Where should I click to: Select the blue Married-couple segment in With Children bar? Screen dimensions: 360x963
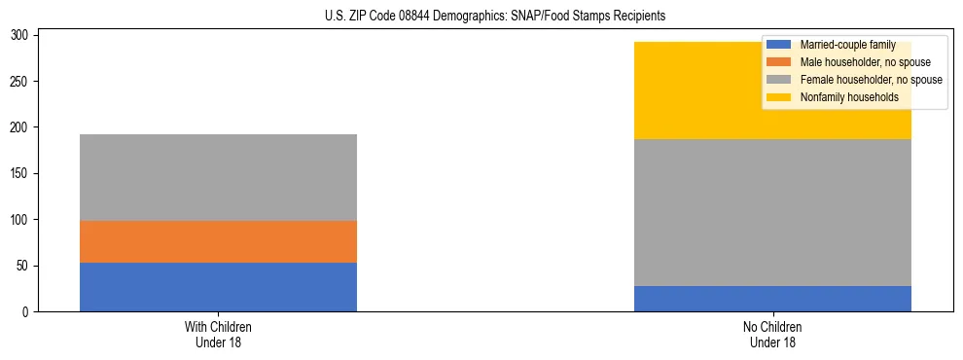(x=218, y=287)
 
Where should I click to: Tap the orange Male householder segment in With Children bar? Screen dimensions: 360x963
(x=218, y=241)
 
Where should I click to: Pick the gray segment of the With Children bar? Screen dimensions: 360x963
(x=218, y=177)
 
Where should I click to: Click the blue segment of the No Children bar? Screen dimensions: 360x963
(x=772, y=299)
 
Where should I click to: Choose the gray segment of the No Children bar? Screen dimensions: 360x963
(x=772, y=212)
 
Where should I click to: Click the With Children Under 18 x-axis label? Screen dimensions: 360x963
(x=218, y=334)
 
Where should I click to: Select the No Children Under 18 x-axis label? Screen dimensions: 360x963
(x=772, y=334)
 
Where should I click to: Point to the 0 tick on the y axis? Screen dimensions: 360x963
(x=28, y=312)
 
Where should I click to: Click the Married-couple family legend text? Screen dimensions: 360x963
(x=847, y=46)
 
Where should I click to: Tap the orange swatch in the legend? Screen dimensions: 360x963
(x=779, y=62)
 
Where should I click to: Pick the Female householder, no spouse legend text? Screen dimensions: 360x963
(x=871, y=80)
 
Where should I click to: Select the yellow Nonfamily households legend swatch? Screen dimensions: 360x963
(x=779, y=97)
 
